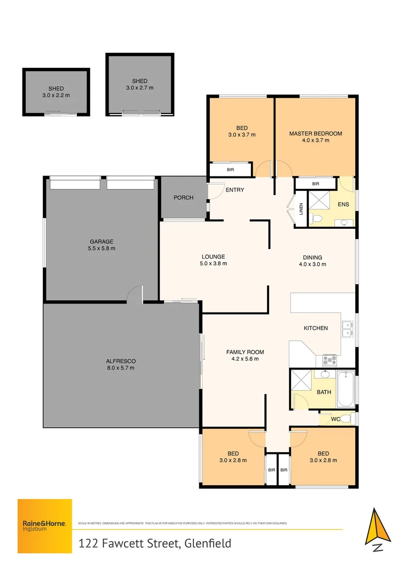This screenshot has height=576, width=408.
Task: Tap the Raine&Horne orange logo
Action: click(45, 525)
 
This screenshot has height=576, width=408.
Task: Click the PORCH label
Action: click(183, 198)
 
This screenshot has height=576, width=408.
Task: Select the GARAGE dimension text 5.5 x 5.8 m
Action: click(101, 248)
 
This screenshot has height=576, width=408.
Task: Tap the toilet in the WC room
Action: click(346, 418)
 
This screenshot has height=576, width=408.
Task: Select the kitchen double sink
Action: click(347, 329)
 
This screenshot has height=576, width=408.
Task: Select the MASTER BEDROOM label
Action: click(315, 133)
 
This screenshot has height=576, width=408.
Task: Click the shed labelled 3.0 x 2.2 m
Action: click(56, 92)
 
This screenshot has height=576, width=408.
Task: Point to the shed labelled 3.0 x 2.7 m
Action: click(139, 84)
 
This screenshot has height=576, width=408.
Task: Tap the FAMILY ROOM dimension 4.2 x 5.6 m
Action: click(245, 359)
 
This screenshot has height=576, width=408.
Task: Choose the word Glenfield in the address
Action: click(209, 544)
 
